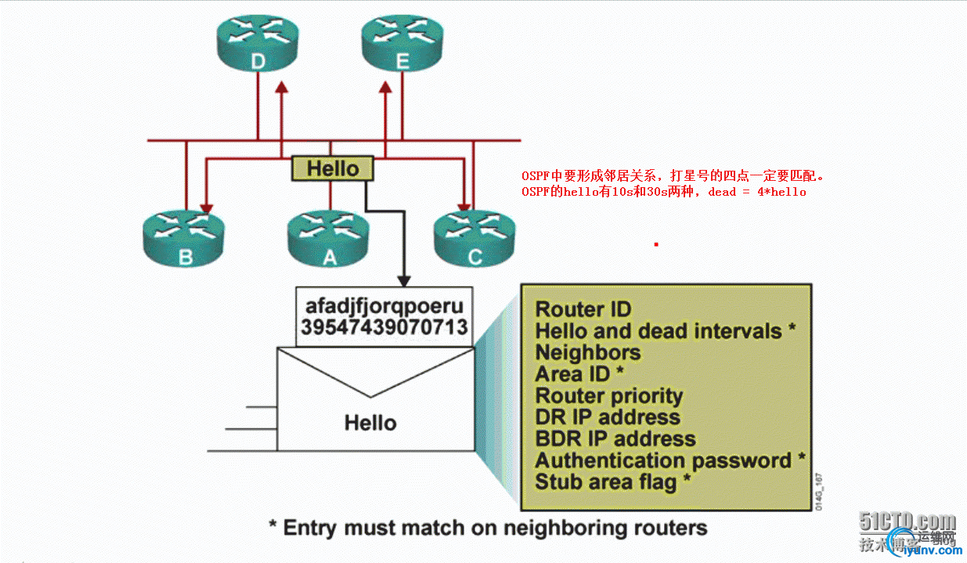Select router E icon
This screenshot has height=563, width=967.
[x=402, y=46]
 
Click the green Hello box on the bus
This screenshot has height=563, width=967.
[x=333, y=168]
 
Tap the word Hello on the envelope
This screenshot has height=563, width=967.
[x=370, y=423]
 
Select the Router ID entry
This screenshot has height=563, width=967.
[x=583, y=309]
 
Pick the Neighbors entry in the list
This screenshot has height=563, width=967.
[x=587, y=352]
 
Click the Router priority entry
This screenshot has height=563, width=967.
[x=609, y=395]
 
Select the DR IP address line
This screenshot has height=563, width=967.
[x=608, y=417]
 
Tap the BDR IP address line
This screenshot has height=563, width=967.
[x=615, y=438]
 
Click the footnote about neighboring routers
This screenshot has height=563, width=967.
[x=487, y=527]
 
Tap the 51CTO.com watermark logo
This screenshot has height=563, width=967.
[x=907, y=521]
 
